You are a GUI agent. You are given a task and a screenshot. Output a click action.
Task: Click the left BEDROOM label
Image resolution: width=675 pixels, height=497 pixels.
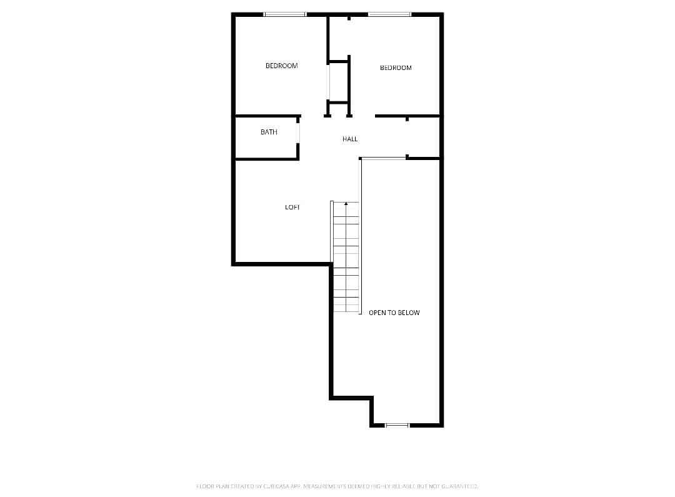tap(281, 66)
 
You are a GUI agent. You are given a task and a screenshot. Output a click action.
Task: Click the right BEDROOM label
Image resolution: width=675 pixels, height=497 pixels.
tap(396, 68)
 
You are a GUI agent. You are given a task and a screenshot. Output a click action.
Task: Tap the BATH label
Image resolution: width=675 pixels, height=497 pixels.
tap(269, 132)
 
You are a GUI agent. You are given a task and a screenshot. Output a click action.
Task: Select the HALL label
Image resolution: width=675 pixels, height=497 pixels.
tap(350, 139)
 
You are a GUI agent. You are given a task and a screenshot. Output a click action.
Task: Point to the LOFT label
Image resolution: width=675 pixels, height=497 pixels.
tap(292, 207)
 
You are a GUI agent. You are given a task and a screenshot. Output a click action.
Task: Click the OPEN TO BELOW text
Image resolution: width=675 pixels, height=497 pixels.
tap(394, 313)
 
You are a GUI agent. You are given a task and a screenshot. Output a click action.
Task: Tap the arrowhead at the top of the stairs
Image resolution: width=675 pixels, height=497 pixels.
tap(346, 203)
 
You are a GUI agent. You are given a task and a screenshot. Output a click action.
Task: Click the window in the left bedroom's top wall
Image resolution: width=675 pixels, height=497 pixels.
tap(285, 14)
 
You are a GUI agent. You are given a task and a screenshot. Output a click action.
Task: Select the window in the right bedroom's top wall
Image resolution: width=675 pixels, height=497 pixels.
tap(389, 14)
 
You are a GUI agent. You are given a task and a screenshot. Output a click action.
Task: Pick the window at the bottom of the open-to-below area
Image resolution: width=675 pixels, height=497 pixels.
tap(397, 425)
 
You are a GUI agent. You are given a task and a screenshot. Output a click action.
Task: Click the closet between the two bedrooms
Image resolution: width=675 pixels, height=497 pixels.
tap(338, 82)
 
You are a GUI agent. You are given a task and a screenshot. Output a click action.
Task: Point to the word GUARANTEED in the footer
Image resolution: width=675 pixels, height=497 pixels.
tap(461, 486)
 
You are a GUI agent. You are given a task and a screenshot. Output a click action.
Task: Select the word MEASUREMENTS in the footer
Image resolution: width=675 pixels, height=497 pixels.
tap(324, 486)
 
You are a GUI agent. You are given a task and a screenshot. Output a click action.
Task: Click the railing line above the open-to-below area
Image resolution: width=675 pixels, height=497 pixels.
tap(382, 159)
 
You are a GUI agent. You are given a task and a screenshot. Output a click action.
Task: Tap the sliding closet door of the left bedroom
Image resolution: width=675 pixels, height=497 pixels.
tap(328, 82)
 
